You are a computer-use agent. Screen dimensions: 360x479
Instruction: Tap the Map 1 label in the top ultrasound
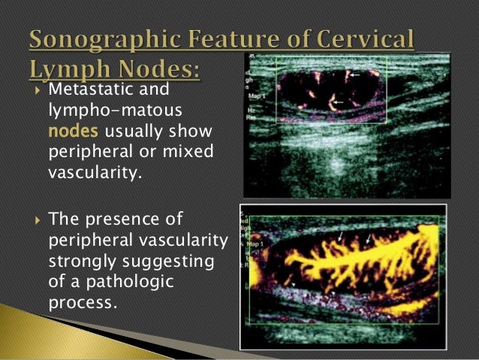pos(257,93)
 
